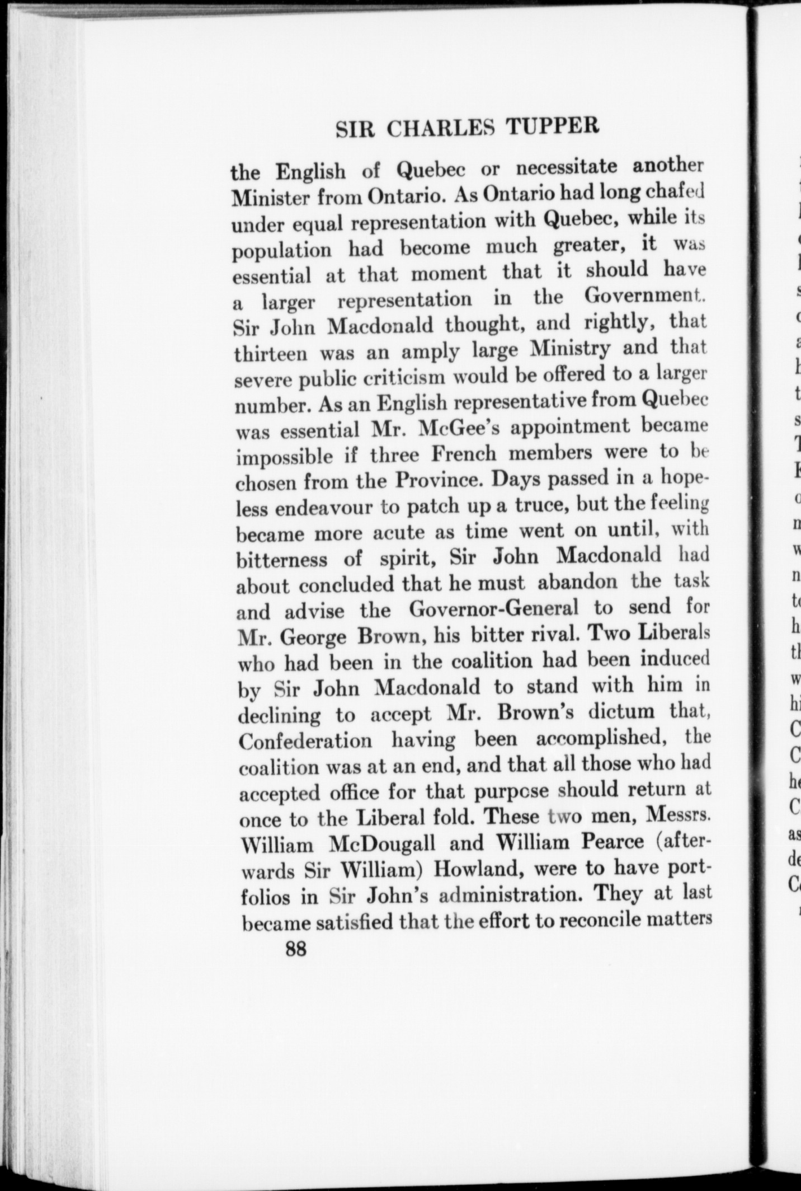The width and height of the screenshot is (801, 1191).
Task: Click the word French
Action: point(464,454)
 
